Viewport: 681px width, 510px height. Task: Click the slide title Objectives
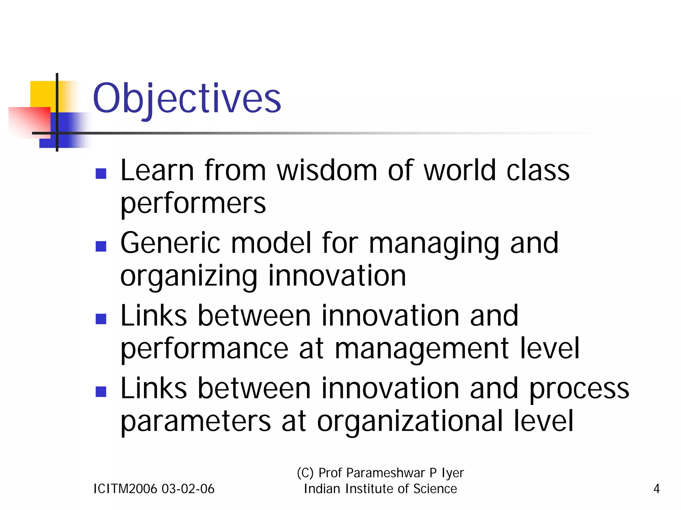coord(187,99)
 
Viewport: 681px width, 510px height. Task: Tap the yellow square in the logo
coord(43,93)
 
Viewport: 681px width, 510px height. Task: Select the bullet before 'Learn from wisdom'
coord(101,174)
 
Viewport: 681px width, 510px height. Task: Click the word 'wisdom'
coord(327,171)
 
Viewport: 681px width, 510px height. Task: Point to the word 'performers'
coord(193,203)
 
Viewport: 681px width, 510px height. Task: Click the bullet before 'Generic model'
coord(101,246)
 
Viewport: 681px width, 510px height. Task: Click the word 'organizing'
coord(189,277)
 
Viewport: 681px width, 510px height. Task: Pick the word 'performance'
coord(204,349)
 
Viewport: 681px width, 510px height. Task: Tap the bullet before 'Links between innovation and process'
coord(101,391)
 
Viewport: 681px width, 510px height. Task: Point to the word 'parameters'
coord(196,422)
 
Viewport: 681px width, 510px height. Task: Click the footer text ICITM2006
coord(125,489)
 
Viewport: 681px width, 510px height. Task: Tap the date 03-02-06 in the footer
coord(188,489)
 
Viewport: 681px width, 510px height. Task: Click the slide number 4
coord(656,489)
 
